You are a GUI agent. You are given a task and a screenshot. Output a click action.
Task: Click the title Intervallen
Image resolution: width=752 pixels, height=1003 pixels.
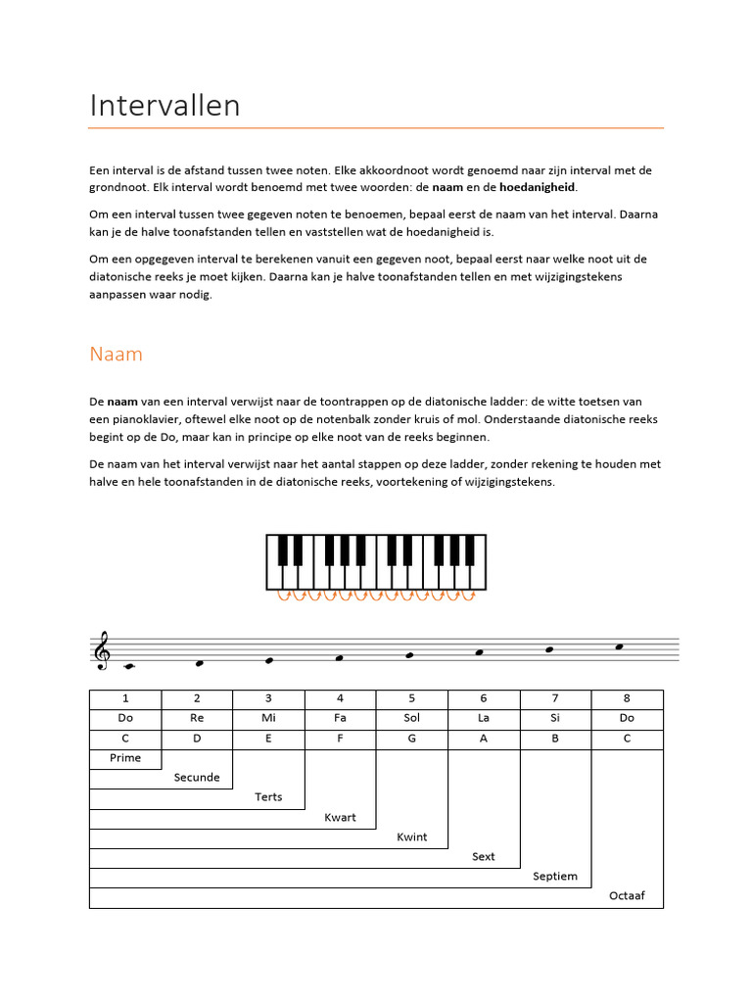[164, 106]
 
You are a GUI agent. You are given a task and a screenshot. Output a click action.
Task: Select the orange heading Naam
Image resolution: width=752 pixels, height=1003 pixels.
[116, 355]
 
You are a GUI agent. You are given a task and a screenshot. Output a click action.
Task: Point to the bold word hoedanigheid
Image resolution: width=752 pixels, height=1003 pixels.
[537, 187]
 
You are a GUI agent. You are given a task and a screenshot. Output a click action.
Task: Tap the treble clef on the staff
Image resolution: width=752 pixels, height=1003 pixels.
[101, 651]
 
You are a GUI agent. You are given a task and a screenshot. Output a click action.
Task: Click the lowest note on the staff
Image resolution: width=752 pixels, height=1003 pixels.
[126, 667]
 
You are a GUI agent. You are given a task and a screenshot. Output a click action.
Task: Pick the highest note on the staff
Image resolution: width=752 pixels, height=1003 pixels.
[618, 646]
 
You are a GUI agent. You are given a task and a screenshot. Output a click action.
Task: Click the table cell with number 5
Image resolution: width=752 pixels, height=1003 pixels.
[411, 698]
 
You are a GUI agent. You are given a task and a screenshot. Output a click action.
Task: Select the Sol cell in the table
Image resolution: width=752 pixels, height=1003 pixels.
[411, 718]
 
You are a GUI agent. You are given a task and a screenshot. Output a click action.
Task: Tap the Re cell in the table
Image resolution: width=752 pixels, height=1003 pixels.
[197, 718]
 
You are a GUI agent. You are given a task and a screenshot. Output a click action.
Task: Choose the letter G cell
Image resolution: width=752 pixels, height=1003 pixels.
[411, 739]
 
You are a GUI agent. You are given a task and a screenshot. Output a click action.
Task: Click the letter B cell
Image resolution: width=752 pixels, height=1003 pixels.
[555, 739]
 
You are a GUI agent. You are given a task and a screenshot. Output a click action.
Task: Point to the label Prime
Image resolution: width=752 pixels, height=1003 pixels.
[125, 758]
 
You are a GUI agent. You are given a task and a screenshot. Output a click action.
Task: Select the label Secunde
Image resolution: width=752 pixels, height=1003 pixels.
[197, 778]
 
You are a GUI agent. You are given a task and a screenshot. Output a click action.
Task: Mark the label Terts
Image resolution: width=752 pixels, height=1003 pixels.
[268, 797]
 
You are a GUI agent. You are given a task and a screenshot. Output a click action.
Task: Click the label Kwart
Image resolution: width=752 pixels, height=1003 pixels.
[340, 818]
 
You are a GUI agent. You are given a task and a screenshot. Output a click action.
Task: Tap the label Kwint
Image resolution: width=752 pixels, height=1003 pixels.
[411, 837]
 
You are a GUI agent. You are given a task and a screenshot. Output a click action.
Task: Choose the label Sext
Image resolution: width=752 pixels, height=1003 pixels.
[484, 857]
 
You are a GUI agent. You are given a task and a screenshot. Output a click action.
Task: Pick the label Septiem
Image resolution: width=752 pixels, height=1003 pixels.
[555, 877]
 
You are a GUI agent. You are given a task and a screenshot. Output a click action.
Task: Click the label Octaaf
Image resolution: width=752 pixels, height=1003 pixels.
[627, 896]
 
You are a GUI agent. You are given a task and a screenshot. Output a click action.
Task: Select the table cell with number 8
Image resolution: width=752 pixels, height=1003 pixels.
[627, 698]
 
